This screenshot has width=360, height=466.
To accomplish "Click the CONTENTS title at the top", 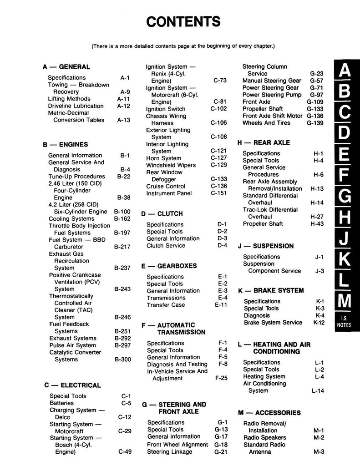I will coord(183,21).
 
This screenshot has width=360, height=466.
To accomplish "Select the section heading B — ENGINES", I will coord(66,145).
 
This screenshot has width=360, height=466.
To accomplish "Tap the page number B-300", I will coord(122,360).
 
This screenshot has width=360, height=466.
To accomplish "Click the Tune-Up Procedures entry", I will coord(76,177).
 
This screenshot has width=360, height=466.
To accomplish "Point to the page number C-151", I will coord(218,193).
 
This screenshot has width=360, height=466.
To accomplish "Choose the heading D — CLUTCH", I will coord(162,213).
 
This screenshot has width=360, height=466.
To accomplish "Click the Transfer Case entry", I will coord(166,305).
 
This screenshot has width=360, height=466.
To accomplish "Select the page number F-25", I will coord(221,378).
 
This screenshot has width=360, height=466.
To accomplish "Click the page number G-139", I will coord(315,123).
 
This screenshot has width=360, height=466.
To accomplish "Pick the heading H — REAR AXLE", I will coord(264,142).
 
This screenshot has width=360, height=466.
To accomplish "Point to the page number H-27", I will coord(317,217).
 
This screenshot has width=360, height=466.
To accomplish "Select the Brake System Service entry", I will coord(273,323).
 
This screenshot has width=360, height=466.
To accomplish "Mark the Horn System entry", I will coord(163,158).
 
